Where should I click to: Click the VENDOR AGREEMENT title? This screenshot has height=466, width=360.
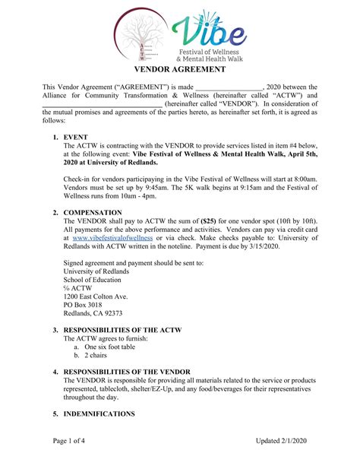pyautogui.click(x=180, y=69)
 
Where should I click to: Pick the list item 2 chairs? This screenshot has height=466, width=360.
pyautogui.click(x=96, y=355)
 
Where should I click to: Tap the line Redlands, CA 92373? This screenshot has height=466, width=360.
pyautogui.click(x=93, y=312)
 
